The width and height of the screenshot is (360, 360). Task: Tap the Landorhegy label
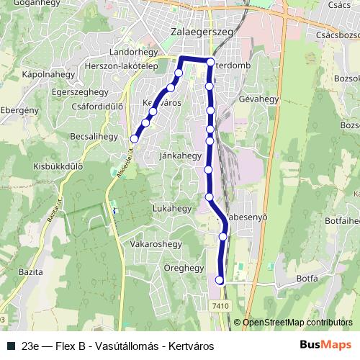point(132,53)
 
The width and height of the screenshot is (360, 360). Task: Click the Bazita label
point(29,273)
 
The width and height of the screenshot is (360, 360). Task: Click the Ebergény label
point(19,109)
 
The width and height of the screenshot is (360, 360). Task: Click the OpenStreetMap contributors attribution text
point(298,323)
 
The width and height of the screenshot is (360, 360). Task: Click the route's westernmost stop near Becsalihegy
point(134,138)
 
